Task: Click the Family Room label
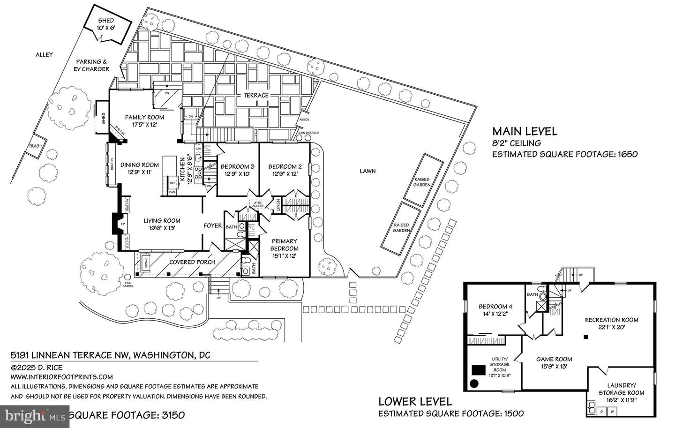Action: [x=144, y=117]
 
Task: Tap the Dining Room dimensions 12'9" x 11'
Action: [x=139, y=173]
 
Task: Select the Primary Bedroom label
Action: [x=284, y=245]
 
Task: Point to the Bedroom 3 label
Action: [x=237, y=166]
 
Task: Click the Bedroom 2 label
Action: [x=285, y=166]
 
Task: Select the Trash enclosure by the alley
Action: [x=35, y=146]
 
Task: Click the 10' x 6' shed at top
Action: [x=106, y=29]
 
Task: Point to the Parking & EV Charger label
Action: [x=92, y=65]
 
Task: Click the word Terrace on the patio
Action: [x=256, y=95]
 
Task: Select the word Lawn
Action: [x=367, y=171]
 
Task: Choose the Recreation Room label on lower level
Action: [x=611, y=320]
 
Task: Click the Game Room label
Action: [x=554, y=359]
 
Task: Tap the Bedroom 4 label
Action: [x=495, y=307]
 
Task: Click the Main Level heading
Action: [x=524, y=131]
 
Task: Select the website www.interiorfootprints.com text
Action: [x=61, y=377]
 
